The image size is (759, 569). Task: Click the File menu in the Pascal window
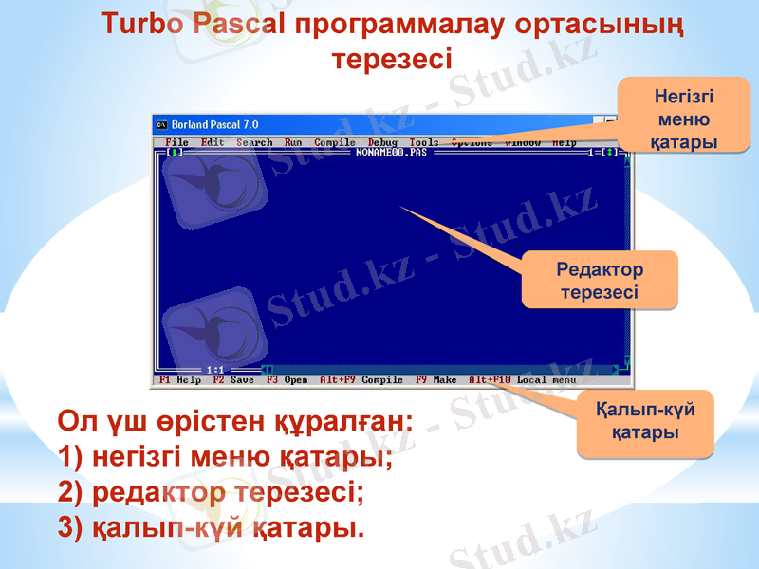pyautogui.click(x=176, y=142)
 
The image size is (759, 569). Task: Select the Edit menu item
pyautogui.click(x=213, y=142)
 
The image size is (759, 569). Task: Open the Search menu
pyautogui.click(x=254, y=142)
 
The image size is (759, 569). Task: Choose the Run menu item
pyautogui.click(x=293, y=142)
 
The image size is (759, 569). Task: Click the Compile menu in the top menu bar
pyautogui.click(x=335, y=142)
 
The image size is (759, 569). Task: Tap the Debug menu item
pyautogui.click(x=382, y=142)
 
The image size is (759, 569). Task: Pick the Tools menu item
pyautogui.click(x=424, y=142)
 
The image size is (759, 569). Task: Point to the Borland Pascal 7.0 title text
pyautogui.click(x=214, y=124)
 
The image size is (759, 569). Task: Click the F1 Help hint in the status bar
pyautogui.click(x=180, y=380)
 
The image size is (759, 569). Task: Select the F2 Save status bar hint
pyautogui.click(x=233, y=380)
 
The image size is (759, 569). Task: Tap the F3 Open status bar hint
pyautogui.click(x=287, y=380)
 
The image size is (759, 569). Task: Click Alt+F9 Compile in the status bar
pyautogui.click(x=361, y=380)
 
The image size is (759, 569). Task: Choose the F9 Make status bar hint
pyautogui.click(x=436, y=380)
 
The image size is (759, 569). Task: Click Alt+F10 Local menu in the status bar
pyautogui.click(x=523, y=380)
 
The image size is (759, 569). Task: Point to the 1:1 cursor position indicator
pyautogui.click(x=214, y=369)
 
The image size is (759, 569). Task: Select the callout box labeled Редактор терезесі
pyautogui.click(x=600, y=281)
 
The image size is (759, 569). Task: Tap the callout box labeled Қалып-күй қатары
pyautogui.click(x=645, y=421)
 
